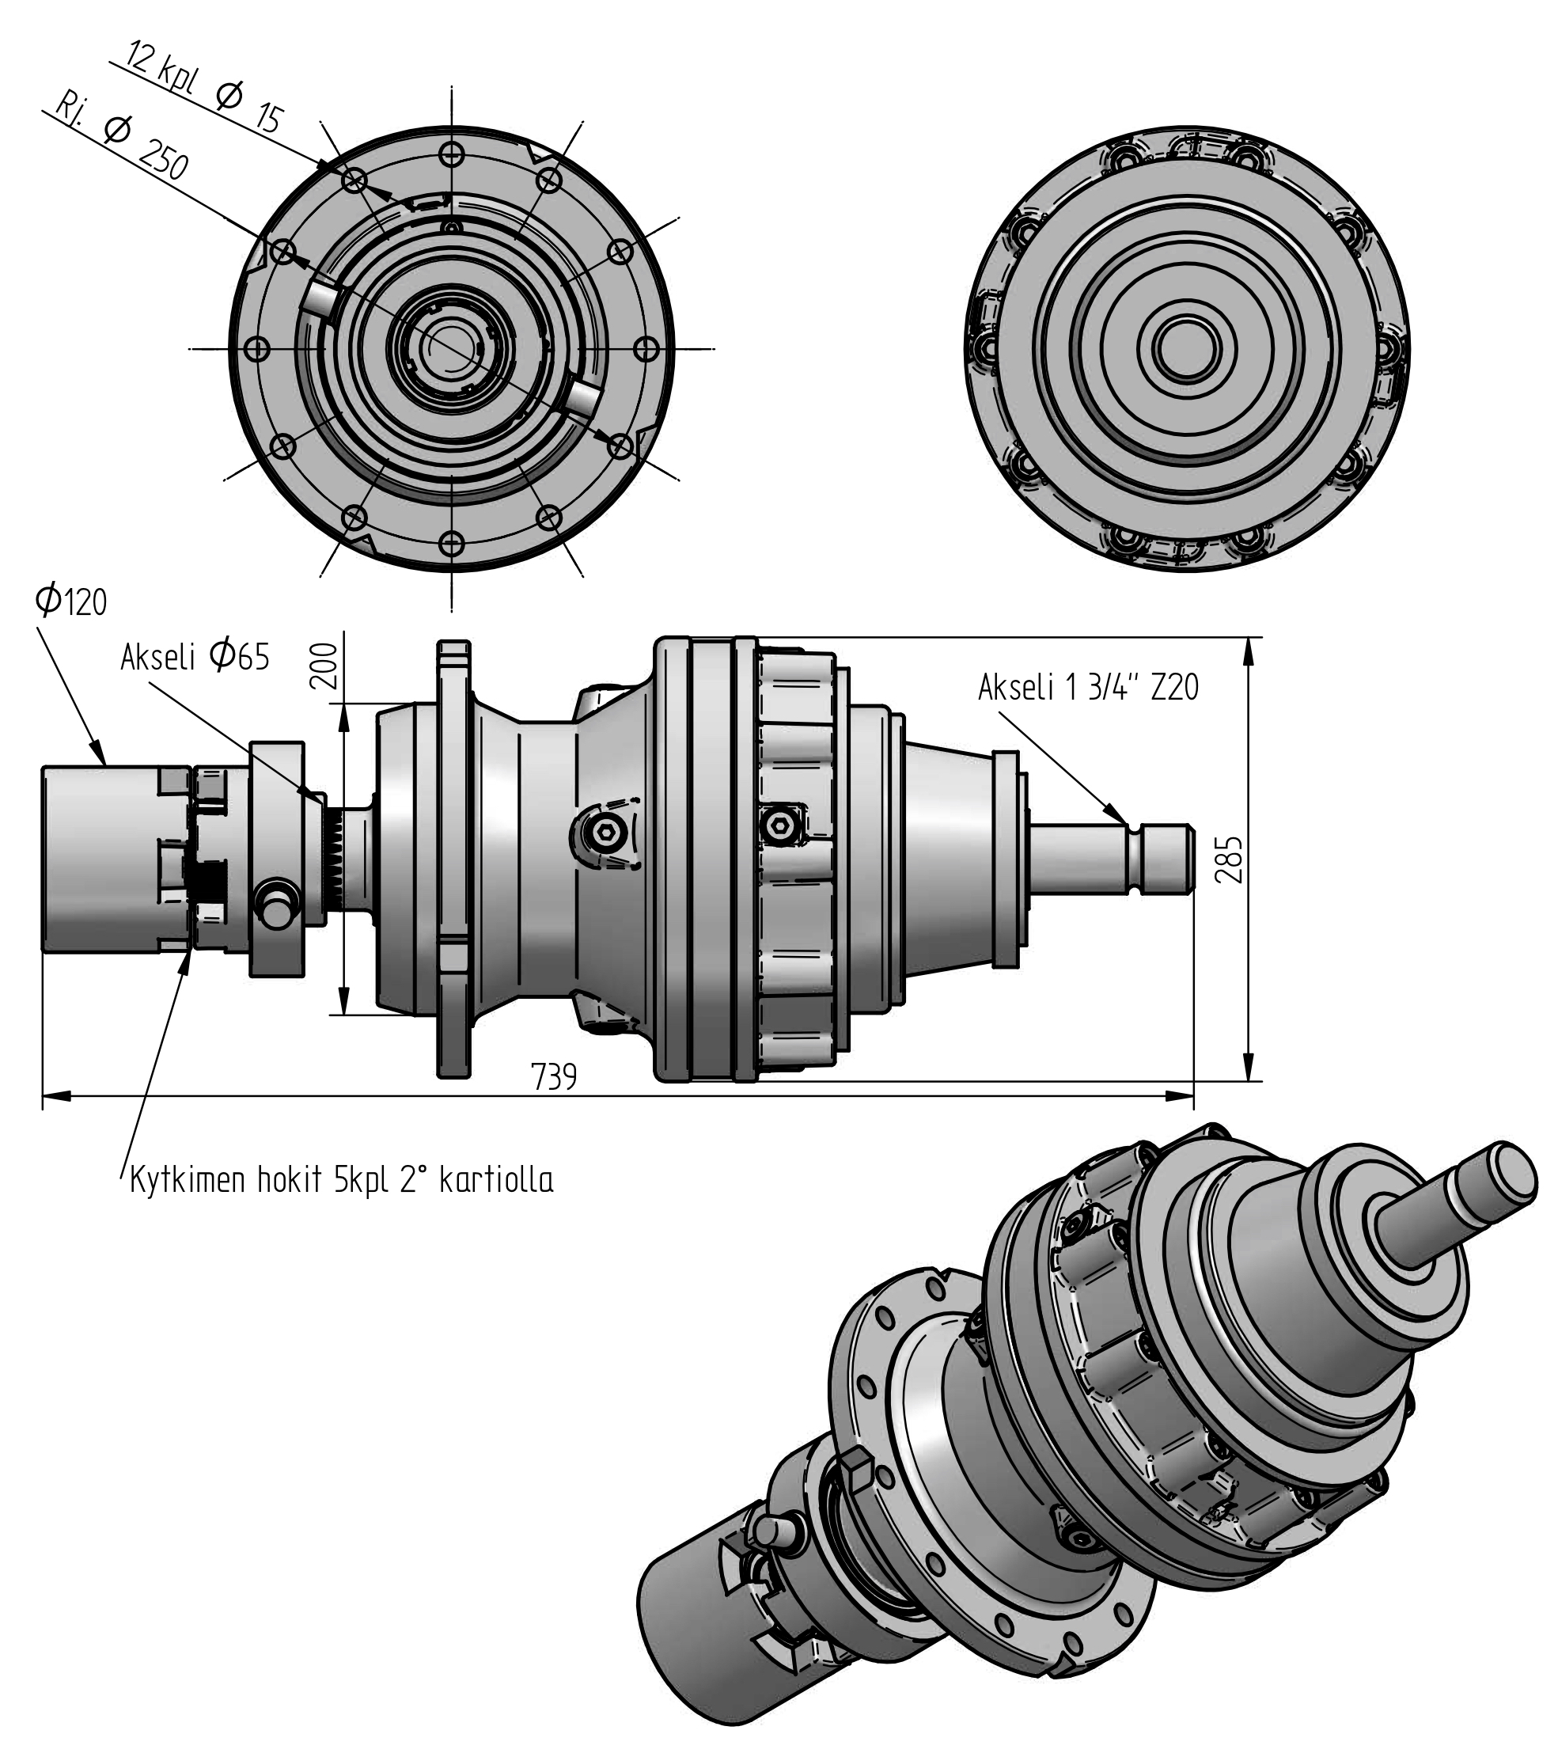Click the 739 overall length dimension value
tap(554, 1076)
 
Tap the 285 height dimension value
tap(1229, 859)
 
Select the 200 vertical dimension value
tap(324, 666)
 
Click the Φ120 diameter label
tap(71, 601)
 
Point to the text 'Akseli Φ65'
tap(195, 657)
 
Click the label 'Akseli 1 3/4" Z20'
tap(1088, 687)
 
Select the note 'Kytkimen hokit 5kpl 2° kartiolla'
tap(341, 1180)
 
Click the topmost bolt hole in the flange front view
tap(452, 155)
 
